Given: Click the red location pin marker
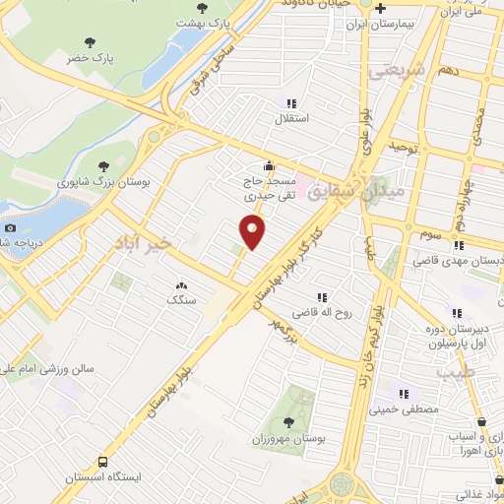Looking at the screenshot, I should pos(254,231).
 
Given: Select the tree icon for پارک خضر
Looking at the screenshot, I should pos(91,42).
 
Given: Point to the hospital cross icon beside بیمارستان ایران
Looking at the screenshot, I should pos(382,8).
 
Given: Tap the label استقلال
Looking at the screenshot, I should pos(292,118).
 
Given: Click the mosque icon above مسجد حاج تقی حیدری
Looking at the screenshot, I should pos(269,165).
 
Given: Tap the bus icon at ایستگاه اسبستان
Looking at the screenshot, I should pos(102,462).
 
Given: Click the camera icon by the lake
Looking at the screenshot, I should pos(11,227).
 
